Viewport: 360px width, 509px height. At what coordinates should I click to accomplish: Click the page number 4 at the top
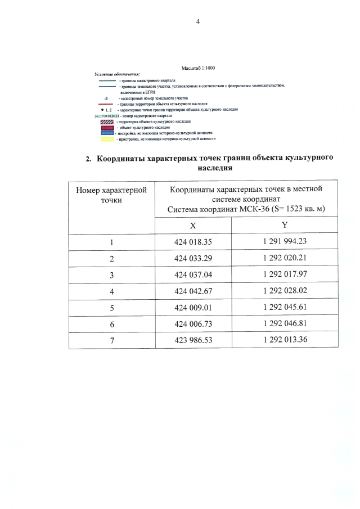(x=197, y=22)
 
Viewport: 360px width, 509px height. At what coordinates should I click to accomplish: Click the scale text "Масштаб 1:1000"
(x=198, y=68)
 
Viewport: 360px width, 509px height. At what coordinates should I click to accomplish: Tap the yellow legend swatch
(x=106, y=138)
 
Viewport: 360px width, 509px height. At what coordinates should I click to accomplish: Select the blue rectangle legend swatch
(x=106, y=133)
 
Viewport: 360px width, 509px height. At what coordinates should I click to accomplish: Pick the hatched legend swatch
(x=106, y=121)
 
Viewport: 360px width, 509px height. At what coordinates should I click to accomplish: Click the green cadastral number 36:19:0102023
(x=111, y=116)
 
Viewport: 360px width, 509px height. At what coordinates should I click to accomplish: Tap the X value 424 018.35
(x=193, y=242)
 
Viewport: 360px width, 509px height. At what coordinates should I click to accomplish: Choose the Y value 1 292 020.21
(x=284, y=260)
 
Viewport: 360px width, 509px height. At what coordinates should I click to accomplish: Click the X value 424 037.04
(x=193, y=276)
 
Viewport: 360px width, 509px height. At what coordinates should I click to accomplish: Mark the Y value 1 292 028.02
(x=284, y=292)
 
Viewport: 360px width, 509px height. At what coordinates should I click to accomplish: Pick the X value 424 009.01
(x=193, y=309)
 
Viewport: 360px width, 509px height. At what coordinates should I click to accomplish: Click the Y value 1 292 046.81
(x=284, y=325)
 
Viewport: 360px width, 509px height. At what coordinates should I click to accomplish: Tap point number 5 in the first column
(x=111, y=309)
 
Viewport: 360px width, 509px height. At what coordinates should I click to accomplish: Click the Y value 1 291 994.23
(x=284, y=242)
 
